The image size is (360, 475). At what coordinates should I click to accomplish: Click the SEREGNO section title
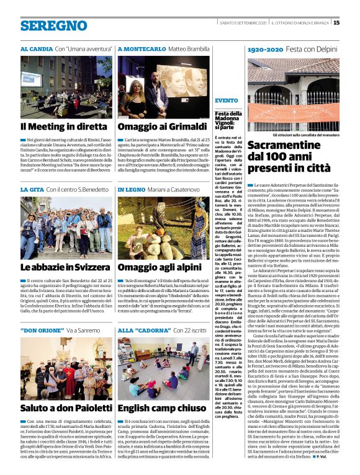click(x=53, y=26)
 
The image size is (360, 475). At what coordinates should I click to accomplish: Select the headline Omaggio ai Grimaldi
click(x=155, y=127)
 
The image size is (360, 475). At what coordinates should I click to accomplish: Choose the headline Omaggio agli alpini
click(x=155, y=267)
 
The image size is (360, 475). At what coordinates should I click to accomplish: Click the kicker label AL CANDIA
click(x=36, y=48)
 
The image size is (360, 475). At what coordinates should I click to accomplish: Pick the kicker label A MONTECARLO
click(x=140, y=48)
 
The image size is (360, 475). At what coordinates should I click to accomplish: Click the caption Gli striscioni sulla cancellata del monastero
click(x=292, y=134)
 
